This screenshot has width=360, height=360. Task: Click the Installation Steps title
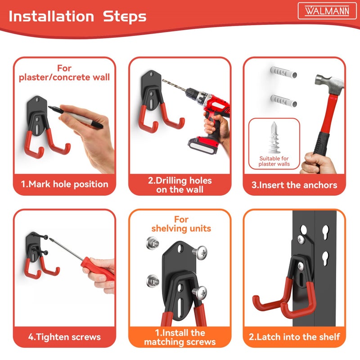pos(77,17)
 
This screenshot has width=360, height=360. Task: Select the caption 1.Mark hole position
pos(65,184)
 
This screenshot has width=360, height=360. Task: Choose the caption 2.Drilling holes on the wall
pos(180,185)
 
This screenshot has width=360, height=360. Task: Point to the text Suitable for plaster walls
pos(274,162)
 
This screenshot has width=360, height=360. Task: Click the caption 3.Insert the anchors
pos(295,185)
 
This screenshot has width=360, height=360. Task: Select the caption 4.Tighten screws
pos(64,337)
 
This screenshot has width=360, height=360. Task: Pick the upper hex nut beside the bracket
pos(152,245)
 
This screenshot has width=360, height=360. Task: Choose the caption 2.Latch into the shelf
pos(295,337)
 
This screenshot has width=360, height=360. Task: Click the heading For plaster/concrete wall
pos(64,72)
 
